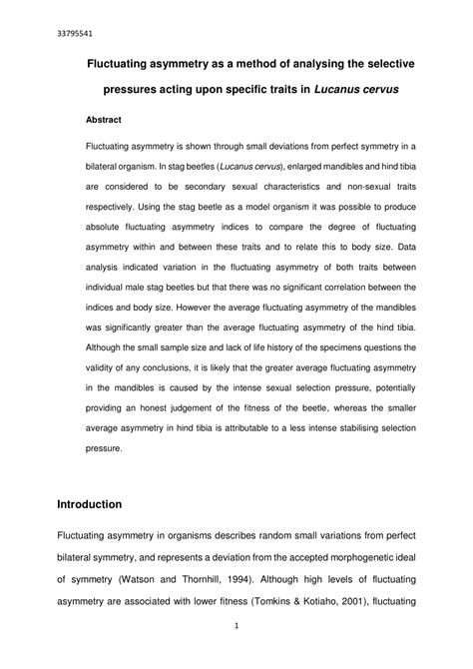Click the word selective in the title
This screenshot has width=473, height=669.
click(x=389, y=63)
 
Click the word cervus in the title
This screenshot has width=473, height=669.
click(x=373, y=90)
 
